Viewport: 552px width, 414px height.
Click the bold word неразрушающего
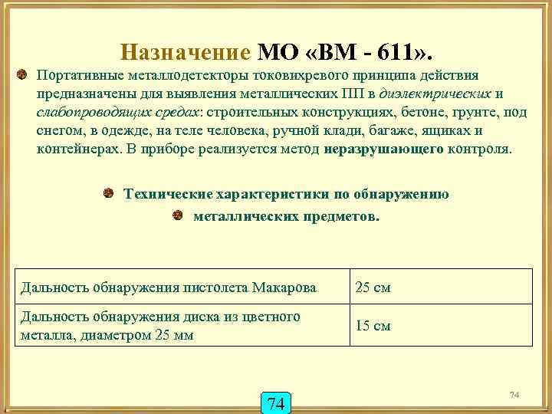point(383,148)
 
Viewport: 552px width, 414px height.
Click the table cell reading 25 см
point(373,288)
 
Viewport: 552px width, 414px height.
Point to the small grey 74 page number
point(514,394)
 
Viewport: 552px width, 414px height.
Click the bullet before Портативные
point(23,76)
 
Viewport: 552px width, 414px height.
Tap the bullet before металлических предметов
point(178,215)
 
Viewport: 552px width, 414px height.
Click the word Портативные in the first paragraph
point(79,77)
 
